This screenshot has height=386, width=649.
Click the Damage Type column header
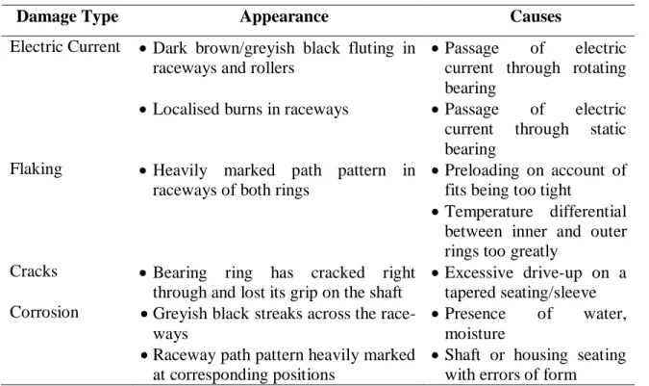(67, 17)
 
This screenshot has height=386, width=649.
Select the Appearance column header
(284, 17)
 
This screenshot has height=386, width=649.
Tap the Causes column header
(536, 16)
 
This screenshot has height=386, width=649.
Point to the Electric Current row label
(65, 47)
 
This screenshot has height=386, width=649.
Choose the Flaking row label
(36, 169)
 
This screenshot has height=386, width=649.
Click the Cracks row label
(34, 271)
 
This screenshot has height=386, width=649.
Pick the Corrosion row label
(44, 312)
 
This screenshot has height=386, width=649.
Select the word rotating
(599, 68)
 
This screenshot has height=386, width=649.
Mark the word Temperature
(488, 212)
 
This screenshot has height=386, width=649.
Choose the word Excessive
(479, 272)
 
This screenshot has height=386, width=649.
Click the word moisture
(475, 333)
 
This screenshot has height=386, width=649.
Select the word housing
(541, 355)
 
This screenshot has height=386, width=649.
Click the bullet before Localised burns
(143, 110)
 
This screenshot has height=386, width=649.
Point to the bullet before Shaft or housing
(435, 356)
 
